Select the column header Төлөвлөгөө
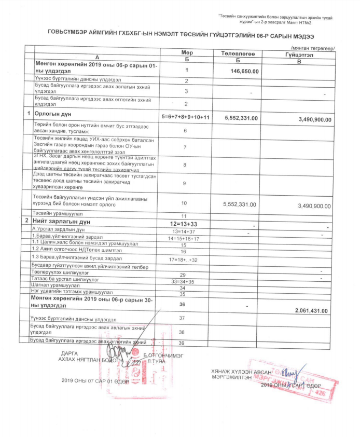[237, 53]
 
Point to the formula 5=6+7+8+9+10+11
[185, 117]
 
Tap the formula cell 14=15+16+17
[183, 238]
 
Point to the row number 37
[182, 317]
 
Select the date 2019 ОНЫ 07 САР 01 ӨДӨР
[95, 380]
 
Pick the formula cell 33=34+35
[182, 281]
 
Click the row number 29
[182, 275]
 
